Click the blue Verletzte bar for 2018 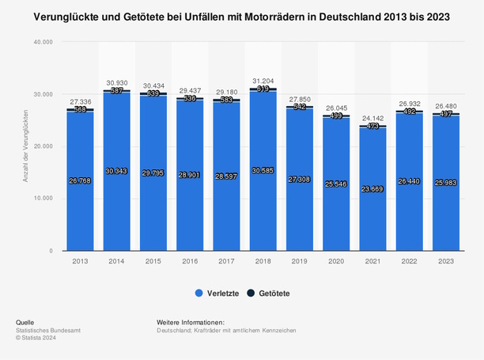(263, 206)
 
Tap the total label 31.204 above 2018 (263, 81)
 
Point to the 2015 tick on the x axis (153, 260)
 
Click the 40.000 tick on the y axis (43, 42)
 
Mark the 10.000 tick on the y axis (43, 199)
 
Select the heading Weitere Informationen (191, 322)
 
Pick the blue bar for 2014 (115, 206)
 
